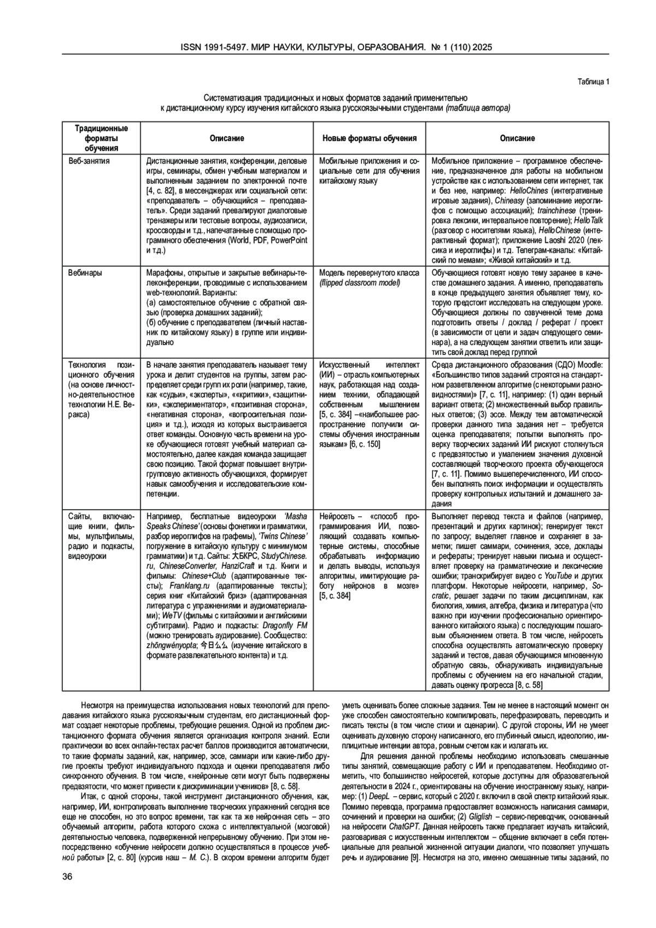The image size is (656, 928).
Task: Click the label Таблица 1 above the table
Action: coord(593,83)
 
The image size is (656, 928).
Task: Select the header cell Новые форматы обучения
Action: coord(370,138)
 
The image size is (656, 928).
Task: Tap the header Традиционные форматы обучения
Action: coord(101,138)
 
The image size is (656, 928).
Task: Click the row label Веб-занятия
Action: coord(89,161)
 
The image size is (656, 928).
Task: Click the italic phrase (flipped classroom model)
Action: coord(360,283)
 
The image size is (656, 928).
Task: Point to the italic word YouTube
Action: coord(557,576)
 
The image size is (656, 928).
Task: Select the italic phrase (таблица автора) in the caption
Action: coord(478,108)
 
